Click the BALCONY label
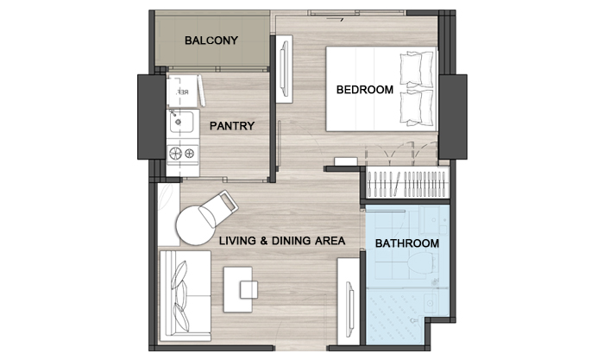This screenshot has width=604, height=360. coord(211,41)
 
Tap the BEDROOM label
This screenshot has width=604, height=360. coord(365,90)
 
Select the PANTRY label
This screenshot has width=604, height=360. coord(232,126)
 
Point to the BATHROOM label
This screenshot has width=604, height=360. coord(406,243)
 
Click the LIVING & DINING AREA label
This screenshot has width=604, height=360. coord(282,241)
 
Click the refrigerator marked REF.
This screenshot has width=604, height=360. coord(182,92)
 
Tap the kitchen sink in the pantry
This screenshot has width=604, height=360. coord(181,122)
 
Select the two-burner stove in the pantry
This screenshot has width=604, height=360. coord(183,154)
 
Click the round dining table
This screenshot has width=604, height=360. coord(196,225)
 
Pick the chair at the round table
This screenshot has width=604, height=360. coord(218,209)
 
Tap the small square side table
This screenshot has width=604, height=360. coord(249,290)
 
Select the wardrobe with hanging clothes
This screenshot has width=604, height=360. coord(407,183)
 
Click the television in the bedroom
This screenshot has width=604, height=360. coord(284,68)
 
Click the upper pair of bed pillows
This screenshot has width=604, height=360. coord(417,69)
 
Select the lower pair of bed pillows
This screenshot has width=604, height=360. coord(417,108)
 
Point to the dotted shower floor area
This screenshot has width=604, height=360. coord(395,316)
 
